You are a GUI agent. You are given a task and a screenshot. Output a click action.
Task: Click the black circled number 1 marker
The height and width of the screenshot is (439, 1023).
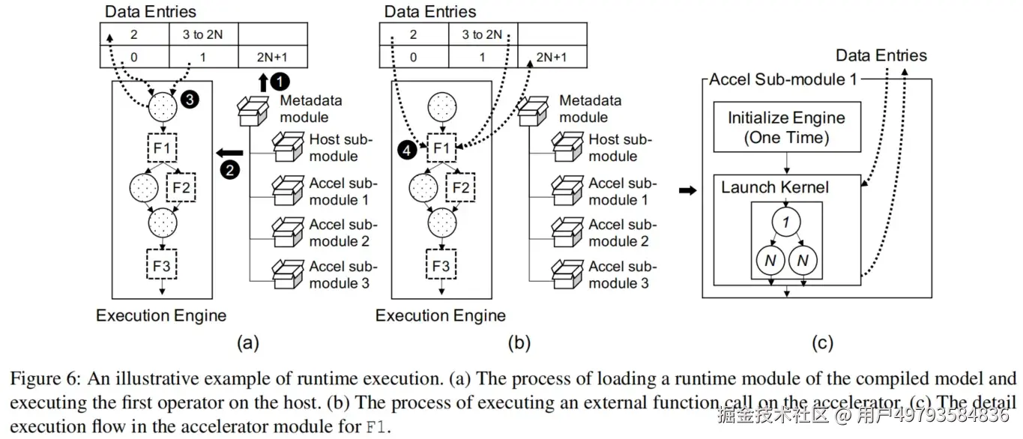[x=280, y=82]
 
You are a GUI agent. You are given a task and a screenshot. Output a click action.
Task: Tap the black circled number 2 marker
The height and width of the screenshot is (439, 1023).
[x=230, y=170]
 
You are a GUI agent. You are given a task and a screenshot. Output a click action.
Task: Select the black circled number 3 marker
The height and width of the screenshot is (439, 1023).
[x=190, y=100]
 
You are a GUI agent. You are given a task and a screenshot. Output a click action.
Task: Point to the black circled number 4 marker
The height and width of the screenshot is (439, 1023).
[x=406, y=150]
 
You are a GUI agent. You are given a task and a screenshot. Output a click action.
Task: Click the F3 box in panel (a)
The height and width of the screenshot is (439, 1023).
[x=162, y=264]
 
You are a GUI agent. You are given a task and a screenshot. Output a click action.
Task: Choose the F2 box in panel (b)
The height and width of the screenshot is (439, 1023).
[x=460, y=187]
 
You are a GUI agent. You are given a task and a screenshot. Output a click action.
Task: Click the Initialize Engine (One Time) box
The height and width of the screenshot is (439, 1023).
[x=787, y=127]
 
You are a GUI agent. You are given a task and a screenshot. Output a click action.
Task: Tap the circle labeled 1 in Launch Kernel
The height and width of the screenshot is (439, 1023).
[x=786, y=222]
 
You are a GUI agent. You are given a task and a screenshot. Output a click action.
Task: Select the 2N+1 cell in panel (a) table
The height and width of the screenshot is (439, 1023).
[x=273, y=57]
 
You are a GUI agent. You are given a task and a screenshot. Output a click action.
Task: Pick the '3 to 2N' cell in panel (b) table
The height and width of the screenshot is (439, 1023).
[x=483, y=34]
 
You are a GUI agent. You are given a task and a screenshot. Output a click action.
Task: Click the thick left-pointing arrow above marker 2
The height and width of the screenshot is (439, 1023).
[x=229, y=153]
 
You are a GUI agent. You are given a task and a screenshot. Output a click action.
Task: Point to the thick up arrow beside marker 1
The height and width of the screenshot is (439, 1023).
[x=263, y=82]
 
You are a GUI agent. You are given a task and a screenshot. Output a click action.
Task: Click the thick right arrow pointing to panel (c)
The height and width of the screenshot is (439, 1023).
[x=687, y=190]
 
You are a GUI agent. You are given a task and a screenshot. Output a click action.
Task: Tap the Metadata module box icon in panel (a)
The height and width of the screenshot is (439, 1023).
[x=253, y=111]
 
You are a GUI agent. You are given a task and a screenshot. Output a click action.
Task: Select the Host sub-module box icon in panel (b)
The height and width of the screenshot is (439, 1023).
[x=567, y=147]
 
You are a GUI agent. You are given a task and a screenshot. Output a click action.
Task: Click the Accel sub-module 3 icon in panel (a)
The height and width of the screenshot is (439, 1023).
[x=288, y=274]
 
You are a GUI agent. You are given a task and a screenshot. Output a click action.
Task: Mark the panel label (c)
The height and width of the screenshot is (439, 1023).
[x=822, y=342]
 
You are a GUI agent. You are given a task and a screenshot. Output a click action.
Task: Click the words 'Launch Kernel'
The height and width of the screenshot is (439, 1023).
[x=775, y=187]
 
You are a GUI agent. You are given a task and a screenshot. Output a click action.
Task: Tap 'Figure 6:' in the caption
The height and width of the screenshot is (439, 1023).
[x=45, y=379]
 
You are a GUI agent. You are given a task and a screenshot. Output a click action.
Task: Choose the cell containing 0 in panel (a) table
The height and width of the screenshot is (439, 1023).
[x=134, y=57]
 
